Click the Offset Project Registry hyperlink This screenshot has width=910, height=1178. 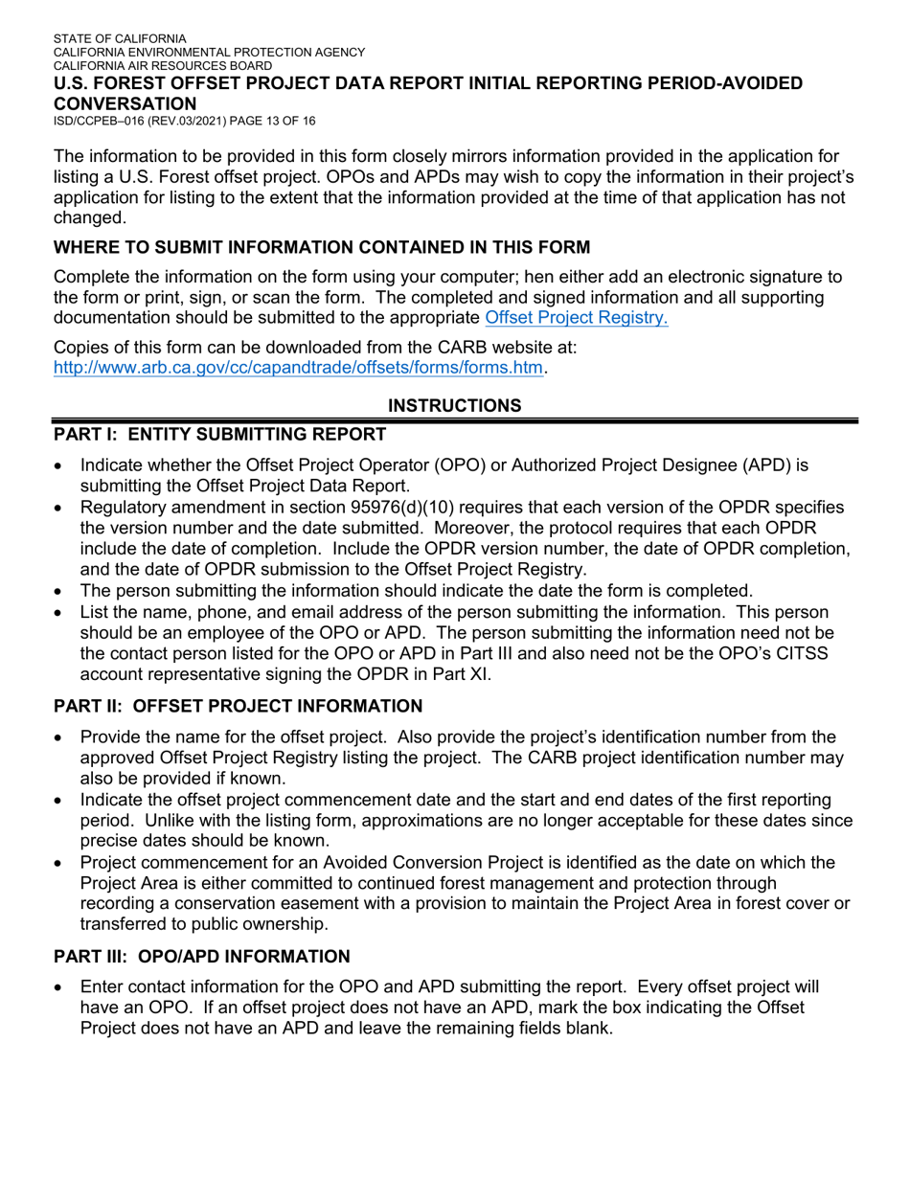coord(576,318)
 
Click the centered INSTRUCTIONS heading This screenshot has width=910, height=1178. coord(455,405)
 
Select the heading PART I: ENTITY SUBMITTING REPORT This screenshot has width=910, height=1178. coord(219,435)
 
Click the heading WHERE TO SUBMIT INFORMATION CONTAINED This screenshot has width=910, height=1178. coord(322,248)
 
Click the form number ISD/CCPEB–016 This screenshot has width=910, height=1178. coord(105,121)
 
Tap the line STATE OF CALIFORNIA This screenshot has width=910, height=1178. coord(120,39)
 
